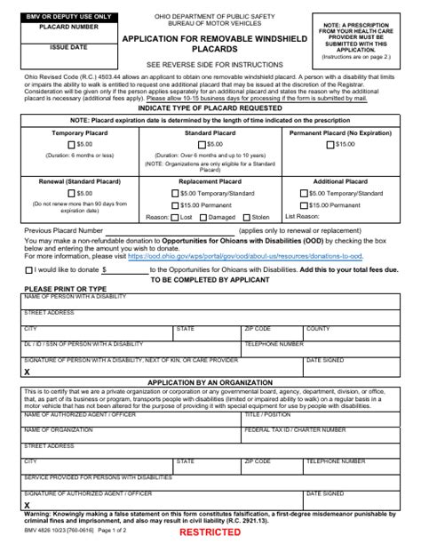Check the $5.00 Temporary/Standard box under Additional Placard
tap(306, 192)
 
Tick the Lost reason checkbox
tap(174, 216)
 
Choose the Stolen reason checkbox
tap(247, 216)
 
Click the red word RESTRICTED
tap(210, 532)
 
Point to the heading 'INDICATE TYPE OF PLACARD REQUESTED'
tap(210, 107)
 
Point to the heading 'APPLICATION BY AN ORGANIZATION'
tap(210, 381)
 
